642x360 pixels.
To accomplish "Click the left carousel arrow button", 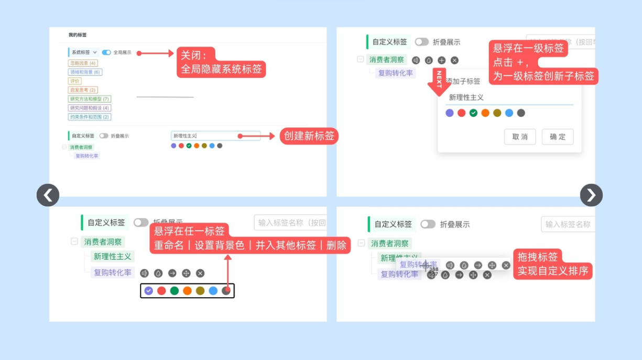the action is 48,195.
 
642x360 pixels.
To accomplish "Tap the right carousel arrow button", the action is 591,195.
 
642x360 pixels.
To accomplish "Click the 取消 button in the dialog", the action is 520,137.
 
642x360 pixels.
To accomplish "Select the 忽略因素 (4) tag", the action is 83,63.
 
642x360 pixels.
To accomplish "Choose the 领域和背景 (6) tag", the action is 85,72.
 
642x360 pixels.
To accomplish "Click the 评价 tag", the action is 75,81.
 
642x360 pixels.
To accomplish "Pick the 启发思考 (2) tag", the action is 83,90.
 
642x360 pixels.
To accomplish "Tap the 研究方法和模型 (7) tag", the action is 90,99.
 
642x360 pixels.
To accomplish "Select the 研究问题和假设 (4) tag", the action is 90,108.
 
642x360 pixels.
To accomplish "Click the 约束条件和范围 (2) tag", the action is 90,117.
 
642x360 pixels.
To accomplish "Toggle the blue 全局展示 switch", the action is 106,52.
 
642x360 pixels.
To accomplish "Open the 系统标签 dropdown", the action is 84,52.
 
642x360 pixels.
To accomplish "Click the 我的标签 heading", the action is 78,35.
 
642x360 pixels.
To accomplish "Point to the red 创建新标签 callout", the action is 309,136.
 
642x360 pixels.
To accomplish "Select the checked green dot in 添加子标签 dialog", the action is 473,113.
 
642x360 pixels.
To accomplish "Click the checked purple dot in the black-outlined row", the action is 149,291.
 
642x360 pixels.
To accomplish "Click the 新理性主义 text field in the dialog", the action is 508,97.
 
